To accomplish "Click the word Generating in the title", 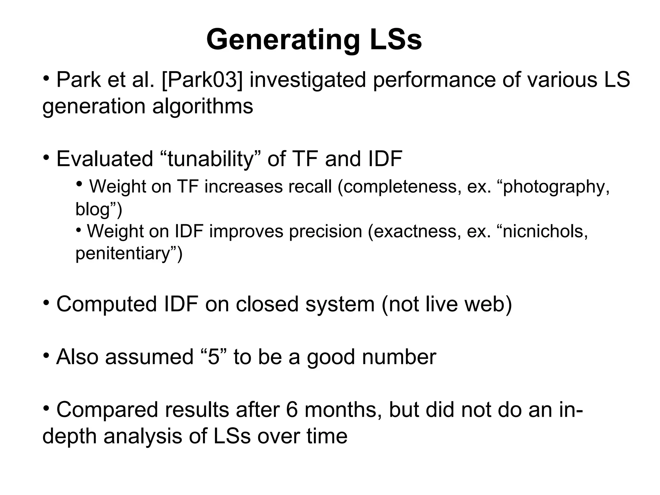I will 283,40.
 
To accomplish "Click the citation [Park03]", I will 202,80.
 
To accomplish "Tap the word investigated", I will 308,80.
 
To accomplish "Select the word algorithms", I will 202,106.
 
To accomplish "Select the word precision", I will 325,231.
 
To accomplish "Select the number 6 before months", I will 292,410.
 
